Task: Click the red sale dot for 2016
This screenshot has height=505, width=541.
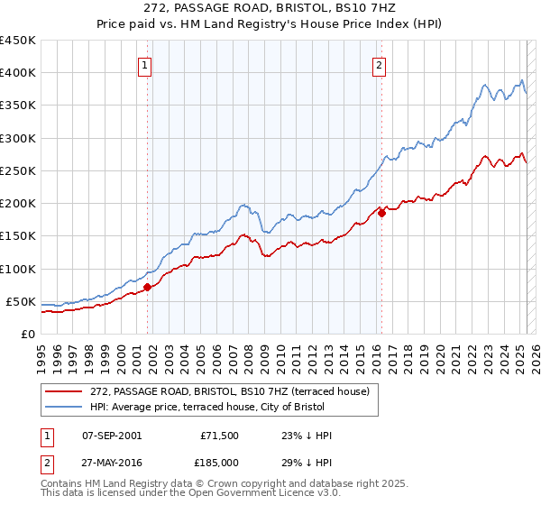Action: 381,213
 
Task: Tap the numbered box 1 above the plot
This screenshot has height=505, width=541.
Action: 144,64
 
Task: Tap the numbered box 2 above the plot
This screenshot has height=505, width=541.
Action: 380,64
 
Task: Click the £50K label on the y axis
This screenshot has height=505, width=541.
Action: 21,301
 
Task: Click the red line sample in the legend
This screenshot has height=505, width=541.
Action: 64,391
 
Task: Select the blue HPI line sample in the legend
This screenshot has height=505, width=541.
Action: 64,407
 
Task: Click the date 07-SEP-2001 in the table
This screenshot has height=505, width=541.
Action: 112,436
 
